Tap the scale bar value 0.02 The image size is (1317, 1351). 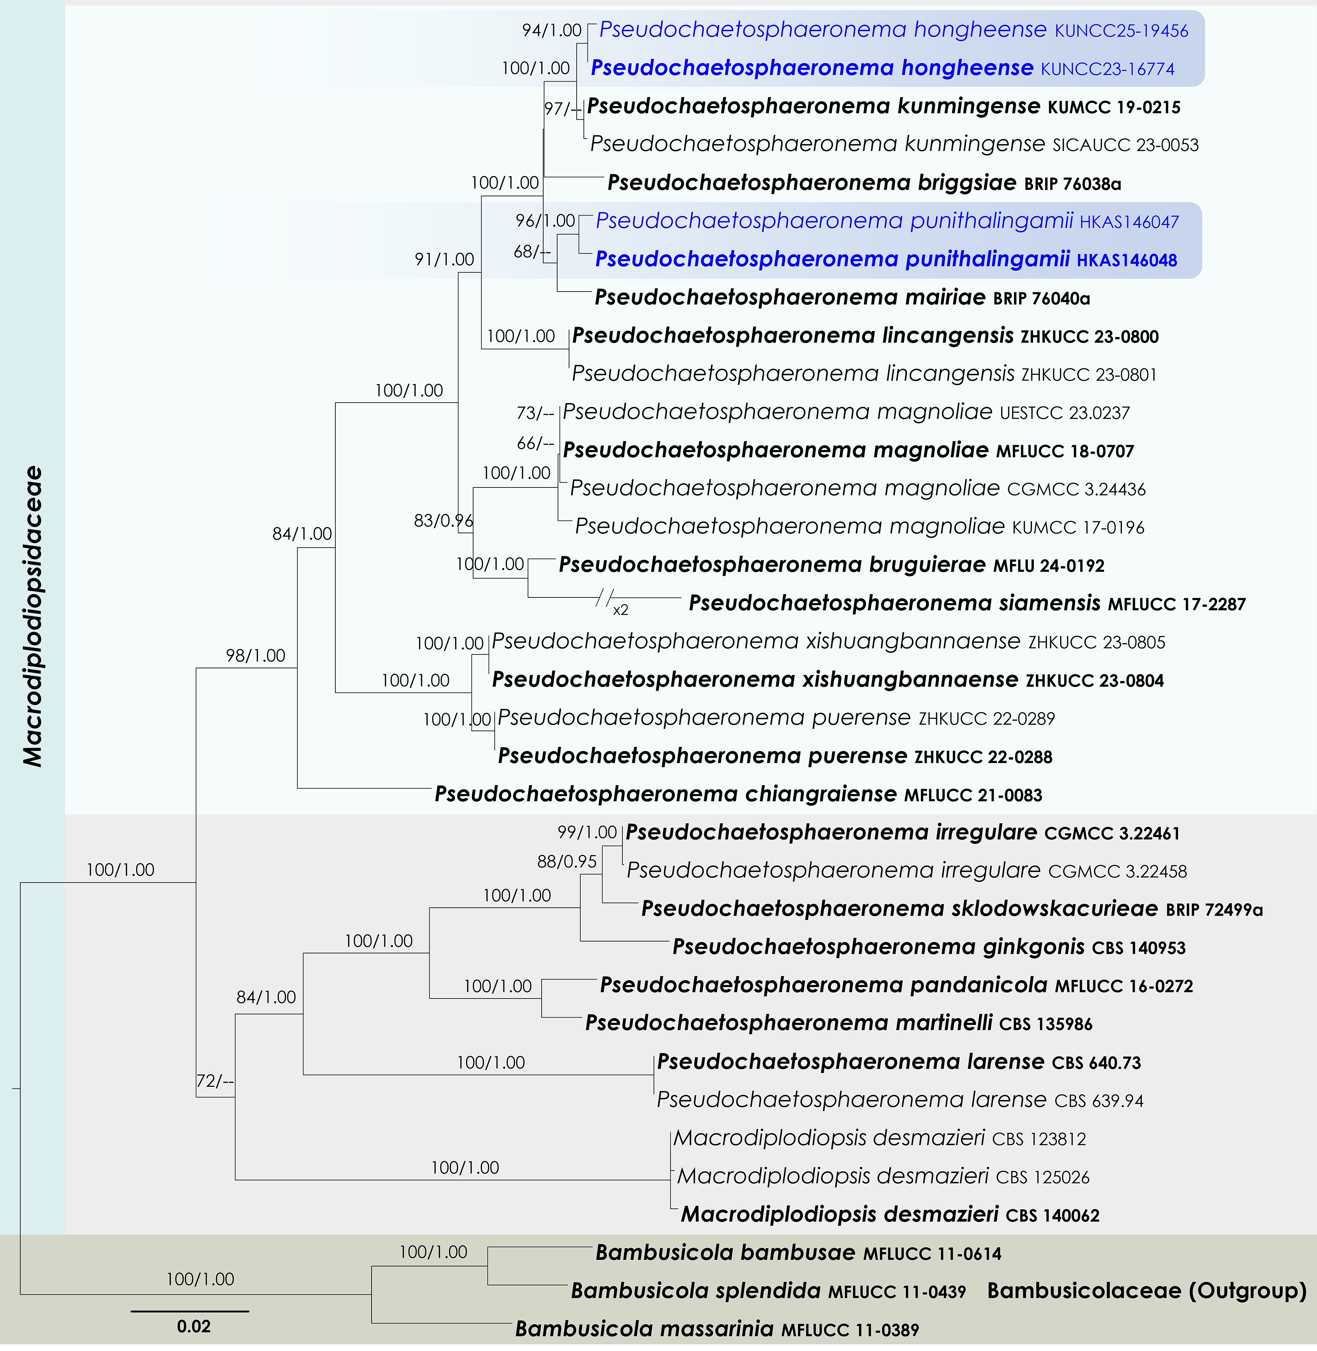pos(193,1326)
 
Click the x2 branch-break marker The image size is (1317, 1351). pos(620,609)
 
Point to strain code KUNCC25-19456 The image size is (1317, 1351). pos(1121,30)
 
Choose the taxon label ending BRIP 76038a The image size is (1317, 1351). pos(864,183)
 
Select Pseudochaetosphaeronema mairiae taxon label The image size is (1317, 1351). pos(842,298)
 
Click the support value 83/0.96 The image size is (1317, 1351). pos(443,520)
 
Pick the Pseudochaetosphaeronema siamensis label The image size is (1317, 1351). pos(966,603)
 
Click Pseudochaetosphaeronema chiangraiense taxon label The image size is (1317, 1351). pos(738,794)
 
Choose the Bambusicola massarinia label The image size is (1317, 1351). pos(716,1329)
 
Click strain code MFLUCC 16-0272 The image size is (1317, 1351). pos(1123,986)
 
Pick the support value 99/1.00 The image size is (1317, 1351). pos(587,832)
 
